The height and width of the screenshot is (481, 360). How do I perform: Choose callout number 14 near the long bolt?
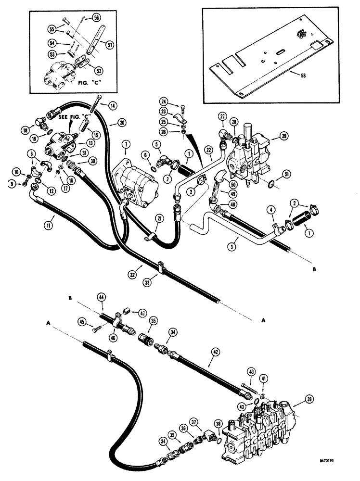pyautogui.click(x=112, y=105)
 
